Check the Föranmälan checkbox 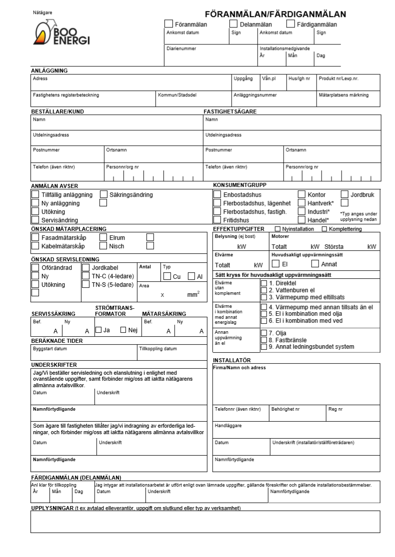click(x=169, y=24)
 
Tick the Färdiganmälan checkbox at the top click(x=290, y=24)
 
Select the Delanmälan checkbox click(x=233, y=24)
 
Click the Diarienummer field click(x=210, y=56)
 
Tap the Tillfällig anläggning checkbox click(x=35, y=195)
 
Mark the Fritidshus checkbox click(x=217, y=220)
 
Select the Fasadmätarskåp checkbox click(x=35, y=238)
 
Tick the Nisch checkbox click(x=103, y=246)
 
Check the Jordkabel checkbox click(x=85, y=268)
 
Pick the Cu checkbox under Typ click(x=167, y=276)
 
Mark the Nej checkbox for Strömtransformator click(x=123, y=330)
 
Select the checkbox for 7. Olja click(x=264, y=333)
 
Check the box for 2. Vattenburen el click(x=264, y=290)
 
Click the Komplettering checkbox click(x=324, y=229)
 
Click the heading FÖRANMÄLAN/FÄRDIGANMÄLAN click(x=275, y=14)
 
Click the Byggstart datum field click(x=83, y=353)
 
